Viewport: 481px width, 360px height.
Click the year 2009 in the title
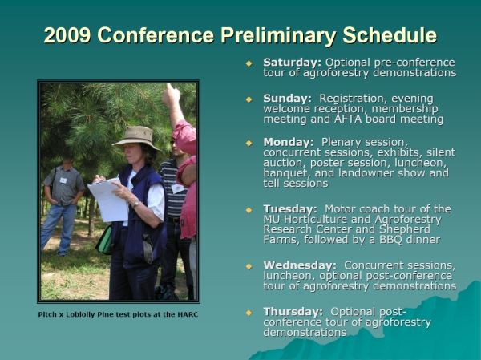pyautogui.click(x=67, y=35)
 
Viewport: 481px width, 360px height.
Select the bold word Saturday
pyautogui.click(x=292, y=63)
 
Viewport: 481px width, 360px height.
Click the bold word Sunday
pyautogui.click(x=287, y=99)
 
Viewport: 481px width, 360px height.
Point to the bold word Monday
pyautogui.click(x=289, y=142)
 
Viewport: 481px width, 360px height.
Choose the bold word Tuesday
pyautogui.click(x=290, y=209)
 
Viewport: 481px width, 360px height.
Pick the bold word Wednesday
pyautogui.click(x=300, y=265)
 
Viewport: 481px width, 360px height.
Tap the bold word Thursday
pyautogui.click(x=293, y=312)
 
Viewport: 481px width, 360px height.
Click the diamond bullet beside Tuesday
pyautogui.click(x=249, y=210)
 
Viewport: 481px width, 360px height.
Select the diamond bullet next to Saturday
pyautogui.click(x=249, y=63)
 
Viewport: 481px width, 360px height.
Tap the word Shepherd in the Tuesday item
pyautogui.click(x=405, y=229)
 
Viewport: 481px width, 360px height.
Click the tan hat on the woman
pyautogui.click(x=137, y=137)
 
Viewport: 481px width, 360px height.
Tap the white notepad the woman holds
pyautogui.click(x=108, y=200)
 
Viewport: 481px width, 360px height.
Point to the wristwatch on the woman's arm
pyautogui.click(x=136, y=204)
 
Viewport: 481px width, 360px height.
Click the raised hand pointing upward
pyautogui.click(x=171, y=95)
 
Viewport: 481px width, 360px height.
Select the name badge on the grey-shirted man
pyautogui.click(x=63, y=180)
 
